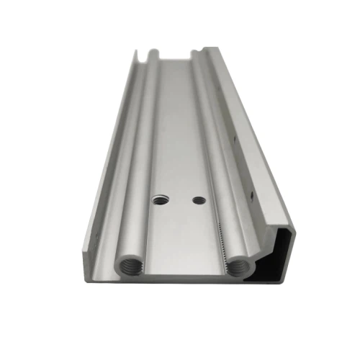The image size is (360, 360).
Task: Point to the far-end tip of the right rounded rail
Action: click(x=193, y=55)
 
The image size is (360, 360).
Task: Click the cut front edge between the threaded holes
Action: click(x=183, y=274)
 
